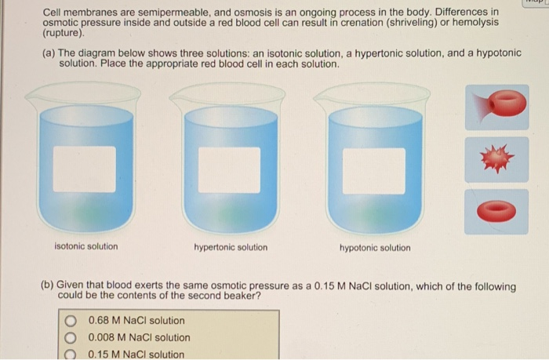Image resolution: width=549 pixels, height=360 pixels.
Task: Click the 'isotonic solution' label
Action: click(86, 246)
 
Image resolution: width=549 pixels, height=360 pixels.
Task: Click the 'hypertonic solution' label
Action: click(231, 247)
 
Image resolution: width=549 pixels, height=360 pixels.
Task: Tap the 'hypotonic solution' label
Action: click(374, 248)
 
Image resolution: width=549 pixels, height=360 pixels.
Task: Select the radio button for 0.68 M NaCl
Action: click(71, 321)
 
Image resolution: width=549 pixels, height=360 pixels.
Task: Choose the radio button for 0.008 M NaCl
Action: click(71, 338)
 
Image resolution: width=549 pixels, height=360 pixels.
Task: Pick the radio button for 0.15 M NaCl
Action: click(71, 355)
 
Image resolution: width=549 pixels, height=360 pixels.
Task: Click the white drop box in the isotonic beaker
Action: click(85, 169)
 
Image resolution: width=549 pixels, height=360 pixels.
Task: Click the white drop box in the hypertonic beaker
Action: click(229, 169)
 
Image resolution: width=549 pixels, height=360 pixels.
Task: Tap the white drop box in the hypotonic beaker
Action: click(374, 170)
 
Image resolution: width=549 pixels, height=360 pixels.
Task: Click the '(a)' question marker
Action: click(49, 53)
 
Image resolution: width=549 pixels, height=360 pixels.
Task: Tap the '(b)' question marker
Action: click(49, 286)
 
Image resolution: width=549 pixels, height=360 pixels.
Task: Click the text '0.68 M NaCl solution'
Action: click(137, 321)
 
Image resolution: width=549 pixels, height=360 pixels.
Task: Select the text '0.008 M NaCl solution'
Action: click(140, 338)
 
